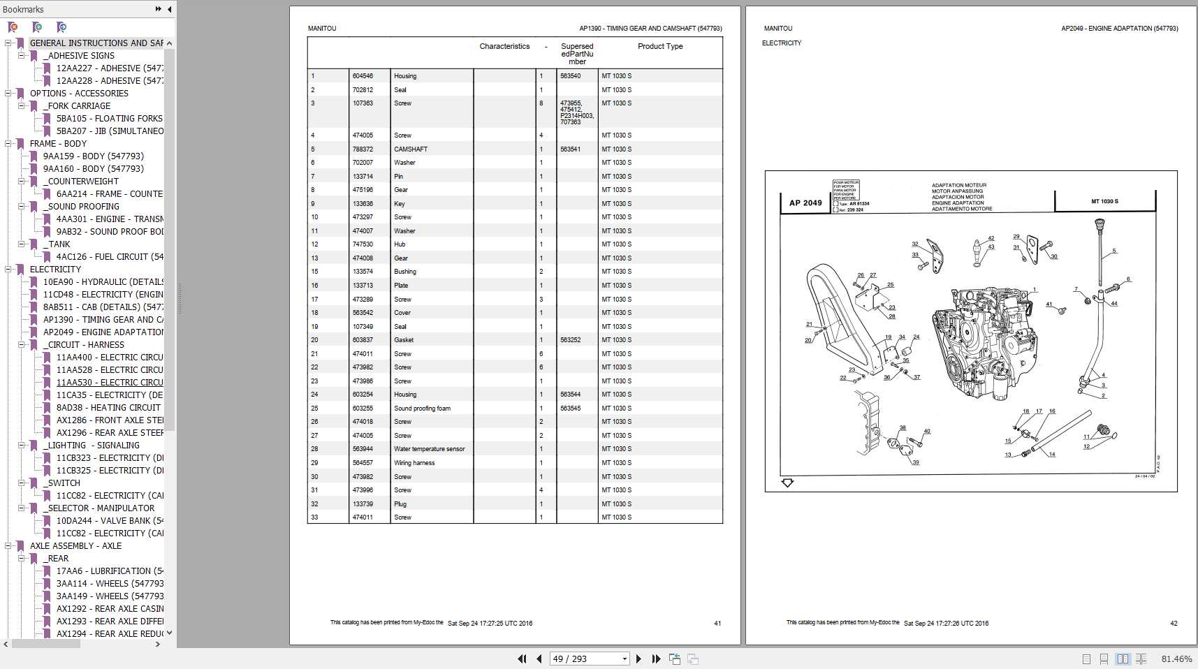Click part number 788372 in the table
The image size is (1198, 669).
363,149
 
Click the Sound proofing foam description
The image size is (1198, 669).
422,409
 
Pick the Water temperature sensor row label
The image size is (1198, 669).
429,449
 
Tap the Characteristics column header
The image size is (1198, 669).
504,46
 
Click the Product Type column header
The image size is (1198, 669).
659,46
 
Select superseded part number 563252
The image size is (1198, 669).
570,340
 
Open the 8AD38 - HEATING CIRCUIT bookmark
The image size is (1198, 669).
108,407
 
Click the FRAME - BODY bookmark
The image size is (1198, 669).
58,143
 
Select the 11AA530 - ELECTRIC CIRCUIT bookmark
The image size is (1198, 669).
110,382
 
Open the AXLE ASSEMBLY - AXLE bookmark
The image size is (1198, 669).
75,545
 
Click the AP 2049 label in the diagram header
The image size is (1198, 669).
805,203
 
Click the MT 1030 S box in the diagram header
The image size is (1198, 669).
1104,201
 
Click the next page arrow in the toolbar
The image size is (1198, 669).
638,659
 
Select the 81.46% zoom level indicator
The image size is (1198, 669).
1176,659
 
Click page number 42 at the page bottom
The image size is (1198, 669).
1174,623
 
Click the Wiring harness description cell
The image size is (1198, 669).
414,463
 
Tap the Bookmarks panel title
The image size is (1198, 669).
23,9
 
